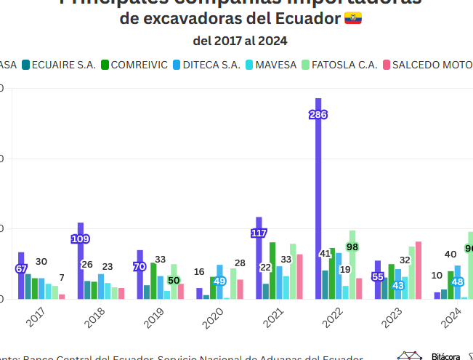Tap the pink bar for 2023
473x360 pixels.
click(419, 270)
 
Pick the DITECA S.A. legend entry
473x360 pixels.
click(208, 65)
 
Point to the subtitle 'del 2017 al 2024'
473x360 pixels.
click(239, 41)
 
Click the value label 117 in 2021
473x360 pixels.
click(259, 233)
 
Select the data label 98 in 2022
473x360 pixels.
click(352, 247)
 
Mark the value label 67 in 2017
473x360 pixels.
click(21, 268)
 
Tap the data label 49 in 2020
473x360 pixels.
click(219, 281)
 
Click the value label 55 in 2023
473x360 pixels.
click(378, 276)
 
